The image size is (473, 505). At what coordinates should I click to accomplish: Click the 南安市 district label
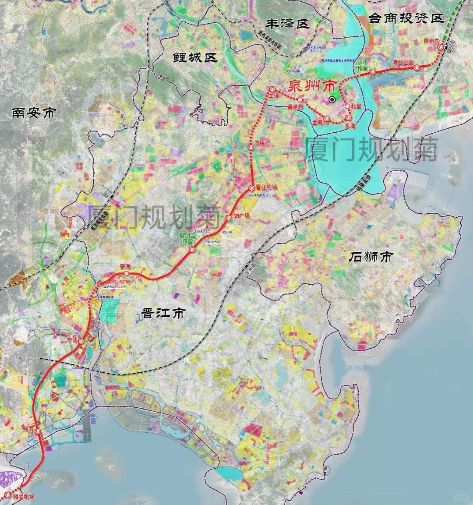(34, 113)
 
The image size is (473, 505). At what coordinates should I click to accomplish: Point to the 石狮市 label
(371, 257)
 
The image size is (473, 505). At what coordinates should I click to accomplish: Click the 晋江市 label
(164, 313)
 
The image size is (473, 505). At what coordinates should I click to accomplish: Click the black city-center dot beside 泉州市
(332, 99)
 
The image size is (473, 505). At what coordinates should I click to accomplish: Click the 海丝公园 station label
(403, 63)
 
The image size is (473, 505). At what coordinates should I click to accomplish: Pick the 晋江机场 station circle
(251, 188)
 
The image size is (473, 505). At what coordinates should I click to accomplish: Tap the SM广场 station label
(241, 215)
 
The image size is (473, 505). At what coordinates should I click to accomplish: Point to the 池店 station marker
(251, 148)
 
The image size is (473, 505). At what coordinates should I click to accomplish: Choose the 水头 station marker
(81, 340)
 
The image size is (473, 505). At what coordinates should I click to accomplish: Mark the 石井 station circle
(38, 432)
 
